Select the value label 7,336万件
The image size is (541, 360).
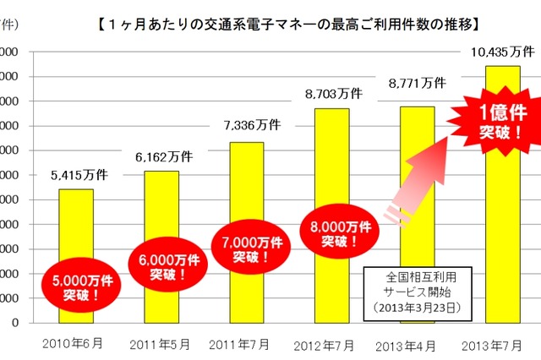click(247, 127)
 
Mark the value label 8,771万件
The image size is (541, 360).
click(418, 82)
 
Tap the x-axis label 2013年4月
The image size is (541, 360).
click(414, 345)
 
